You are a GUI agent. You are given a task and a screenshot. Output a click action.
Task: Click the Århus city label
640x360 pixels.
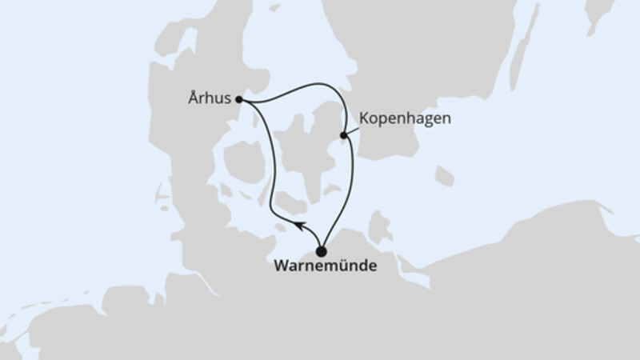pos(210,100)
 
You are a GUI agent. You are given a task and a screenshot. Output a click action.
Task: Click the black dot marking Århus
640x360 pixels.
pos(239,100)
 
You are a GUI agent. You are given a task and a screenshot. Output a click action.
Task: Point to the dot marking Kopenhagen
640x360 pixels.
pos(344,135)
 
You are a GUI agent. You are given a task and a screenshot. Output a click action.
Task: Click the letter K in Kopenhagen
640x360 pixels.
pos(365,118)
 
